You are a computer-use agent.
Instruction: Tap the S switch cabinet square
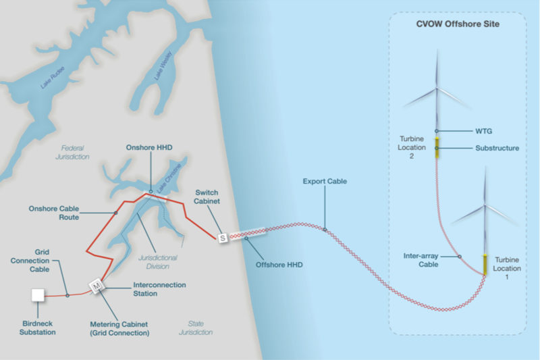tap(222, 238)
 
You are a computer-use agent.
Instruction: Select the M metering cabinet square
tap(97, 286)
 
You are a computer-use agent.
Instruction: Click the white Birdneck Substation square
tap(38, 295)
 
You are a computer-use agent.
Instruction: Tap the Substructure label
tap(497, 148)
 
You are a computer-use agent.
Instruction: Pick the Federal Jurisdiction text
tap(74, 152)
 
